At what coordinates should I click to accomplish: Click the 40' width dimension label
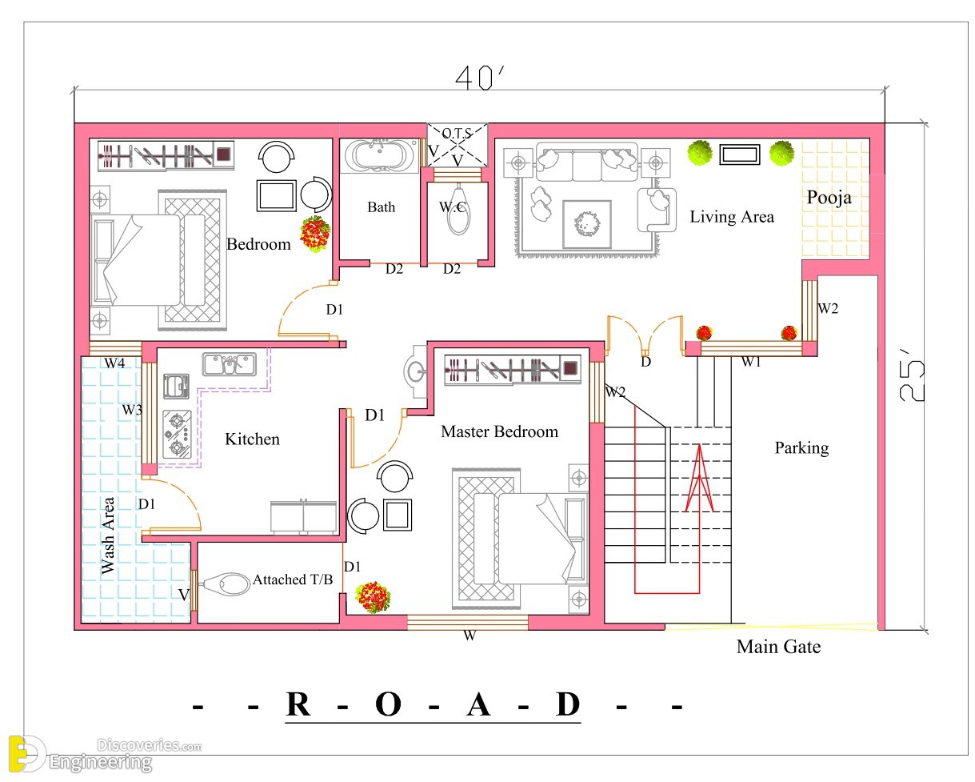click(x=479, y=78)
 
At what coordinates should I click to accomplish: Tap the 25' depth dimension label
click(x=912, y=381)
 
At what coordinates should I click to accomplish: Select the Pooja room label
click(x=829, y=197)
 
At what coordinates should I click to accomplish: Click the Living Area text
click(x=731, y=217)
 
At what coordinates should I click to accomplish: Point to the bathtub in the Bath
click(x=381, y=155)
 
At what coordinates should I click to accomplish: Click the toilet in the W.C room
click(x=458, y=209)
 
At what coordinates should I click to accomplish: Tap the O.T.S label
click(x=457, y=134)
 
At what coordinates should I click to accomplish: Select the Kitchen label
click(x=252, y=439)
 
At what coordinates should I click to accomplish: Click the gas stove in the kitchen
click(x=177, y=435)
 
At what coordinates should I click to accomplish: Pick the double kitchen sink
click(x=230, y=364)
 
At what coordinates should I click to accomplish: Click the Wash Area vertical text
click(x=107, y=535)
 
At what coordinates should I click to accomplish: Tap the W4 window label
click(x=114, y=363)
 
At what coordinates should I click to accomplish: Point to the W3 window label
click(x=132, y=410)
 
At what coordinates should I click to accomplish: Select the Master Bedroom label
click(x=499, y=431)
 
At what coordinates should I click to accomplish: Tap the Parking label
click(x=801, y=448)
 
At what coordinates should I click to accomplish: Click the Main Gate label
click(x=778, y=647)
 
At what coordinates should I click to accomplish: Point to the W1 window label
click(x=751, y=361)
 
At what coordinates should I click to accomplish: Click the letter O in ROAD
click(x=388, y=704)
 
